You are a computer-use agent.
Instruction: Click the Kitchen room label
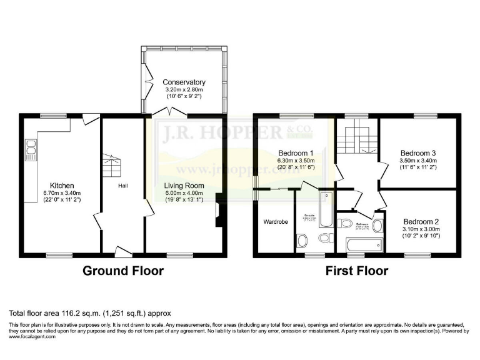pyautogui.click(x=62, y=186)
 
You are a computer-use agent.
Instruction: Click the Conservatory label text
pyautogui.click(x=184, y=82)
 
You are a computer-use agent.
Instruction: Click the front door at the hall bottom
pyautogui.click(x=123, y=251)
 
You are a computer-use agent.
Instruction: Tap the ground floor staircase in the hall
pyautogui.click(x=111, y=166)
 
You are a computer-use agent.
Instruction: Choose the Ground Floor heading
pyautogui.click(x=124, y=271)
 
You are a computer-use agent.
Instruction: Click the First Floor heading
pyautogui.click(x=356, y=271)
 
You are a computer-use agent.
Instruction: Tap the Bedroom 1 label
pyautogui.click(x=296, y=153)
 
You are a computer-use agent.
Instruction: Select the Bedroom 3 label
pyautogui.click(x=418, y=153)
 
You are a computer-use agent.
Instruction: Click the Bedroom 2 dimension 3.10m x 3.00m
pyautogui.click(x=420, y=229)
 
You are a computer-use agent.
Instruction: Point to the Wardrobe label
pyautogui.click(x=274, y=222)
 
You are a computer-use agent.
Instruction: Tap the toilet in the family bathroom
pyautogui.click(x=345, y=224)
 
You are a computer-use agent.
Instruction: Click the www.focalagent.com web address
pyautogui.click(x=32, y=336)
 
